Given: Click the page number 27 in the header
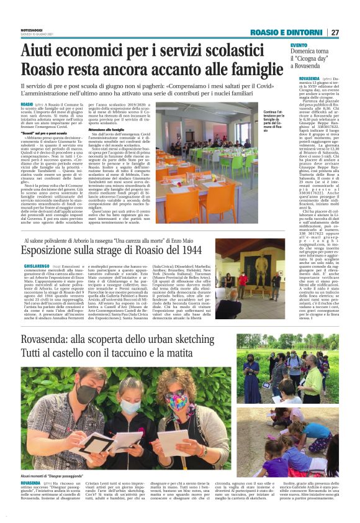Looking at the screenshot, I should [335, 32].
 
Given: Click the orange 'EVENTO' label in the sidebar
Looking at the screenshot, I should [299, 45].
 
